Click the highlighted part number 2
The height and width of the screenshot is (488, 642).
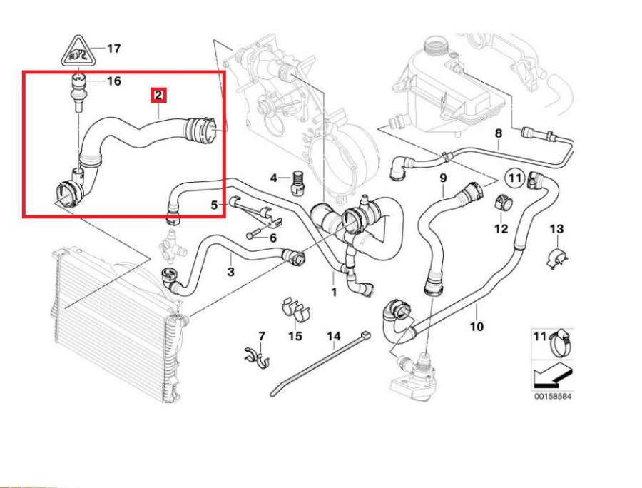click(158, 94)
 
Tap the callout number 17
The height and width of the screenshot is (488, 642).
click(113, 49)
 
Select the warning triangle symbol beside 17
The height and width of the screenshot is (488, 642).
click(78, 50)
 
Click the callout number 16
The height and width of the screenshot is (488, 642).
click(113, 81)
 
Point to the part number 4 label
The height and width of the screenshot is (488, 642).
click(273, 177)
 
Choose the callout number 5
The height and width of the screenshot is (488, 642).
click(213, 205)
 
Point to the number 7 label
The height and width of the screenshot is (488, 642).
click(261, 335)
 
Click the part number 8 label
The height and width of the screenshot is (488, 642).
click(499, 133)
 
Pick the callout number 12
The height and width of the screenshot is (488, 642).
click(501, 228)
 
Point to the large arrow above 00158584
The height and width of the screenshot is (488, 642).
click(552, 372)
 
